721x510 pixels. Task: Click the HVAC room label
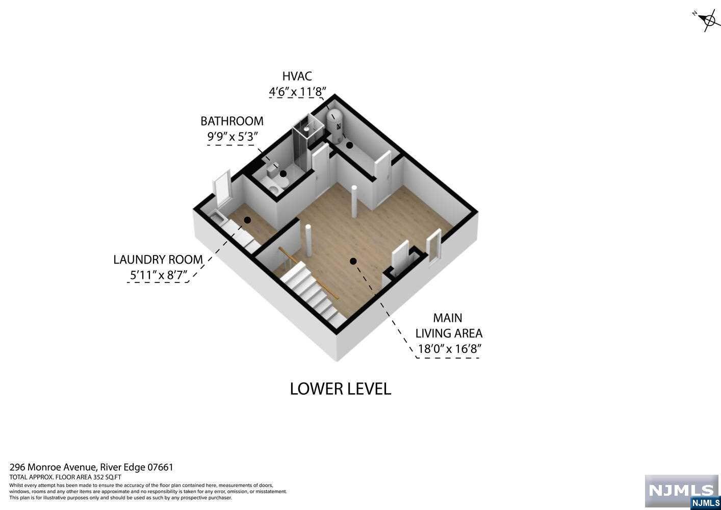(297, 76)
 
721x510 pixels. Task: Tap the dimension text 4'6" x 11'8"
(297, 92)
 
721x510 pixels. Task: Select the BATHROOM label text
(231, 121)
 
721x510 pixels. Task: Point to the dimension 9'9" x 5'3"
(233, 137)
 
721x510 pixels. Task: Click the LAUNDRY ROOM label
(158, 260)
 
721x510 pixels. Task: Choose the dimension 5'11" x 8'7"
(159, 275)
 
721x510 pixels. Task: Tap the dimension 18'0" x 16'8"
(449, 349)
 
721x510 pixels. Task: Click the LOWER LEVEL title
(341, 389)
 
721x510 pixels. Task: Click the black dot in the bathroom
(283, 174)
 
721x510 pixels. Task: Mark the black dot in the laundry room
(247, 220)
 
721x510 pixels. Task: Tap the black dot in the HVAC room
(350, 145)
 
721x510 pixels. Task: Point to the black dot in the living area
(353, 261)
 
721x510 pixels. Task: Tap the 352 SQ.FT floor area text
(107, 477)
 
